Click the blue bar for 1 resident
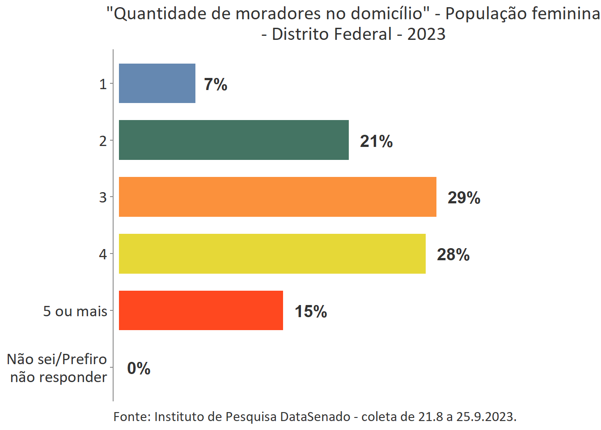[157, 83]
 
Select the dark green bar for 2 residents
[233, 140]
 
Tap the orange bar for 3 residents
[277, 197]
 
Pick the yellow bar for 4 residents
[272, 254]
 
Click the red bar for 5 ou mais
[201, 310]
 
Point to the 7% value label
[216, 84]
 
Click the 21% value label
[376, 141]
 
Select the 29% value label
[464, 198]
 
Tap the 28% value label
[453, 254]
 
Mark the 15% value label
[310, 311]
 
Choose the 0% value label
[139, 368]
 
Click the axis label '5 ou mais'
[75, 311]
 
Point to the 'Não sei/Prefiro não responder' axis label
[58, 368]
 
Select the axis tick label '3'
[103, 197]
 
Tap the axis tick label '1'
[103, 84]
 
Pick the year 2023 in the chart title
[426, 34]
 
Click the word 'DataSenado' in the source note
[315, 417]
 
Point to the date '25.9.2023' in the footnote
[486, 417]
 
